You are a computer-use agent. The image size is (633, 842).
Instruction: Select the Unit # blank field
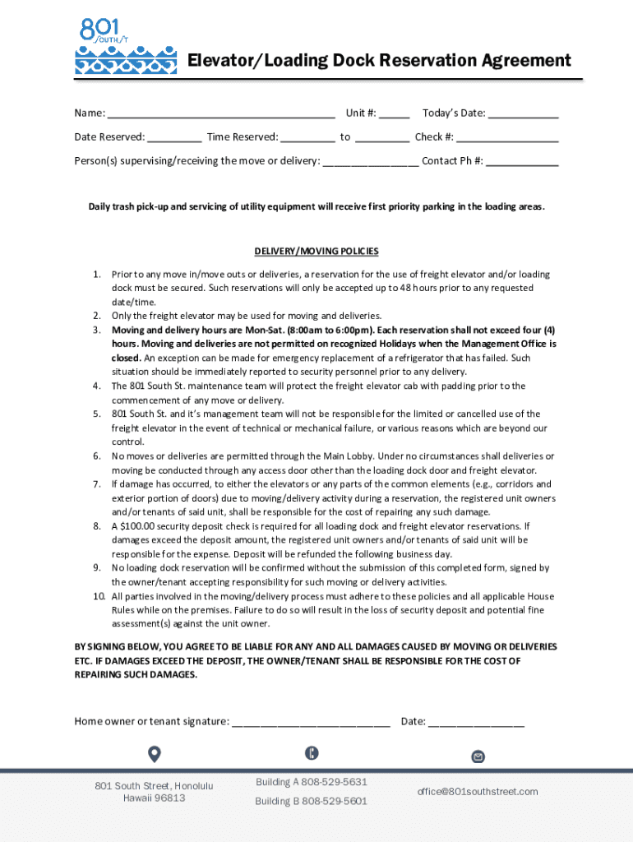394,114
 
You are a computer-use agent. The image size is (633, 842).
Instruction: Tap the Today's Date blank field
524,114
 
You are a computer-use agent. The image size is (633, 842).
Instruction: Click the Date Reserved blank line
174,138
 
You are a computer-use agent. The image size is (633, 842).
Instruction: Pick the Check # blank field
507,138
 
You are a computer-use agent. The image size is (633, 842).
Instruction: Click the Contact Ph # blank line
522,162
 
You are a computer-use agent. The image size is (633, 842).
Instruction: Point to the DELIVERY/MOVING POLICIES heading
316,252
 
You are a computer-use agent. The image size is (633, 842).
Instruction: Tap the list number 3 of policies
96,330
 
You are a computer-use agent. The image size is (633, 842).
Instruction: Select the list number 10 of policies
98,596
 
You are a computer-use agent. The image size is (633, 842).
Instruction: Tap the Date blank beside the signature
476,723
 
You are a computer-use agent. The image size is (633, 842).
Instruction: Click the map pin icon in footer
154,754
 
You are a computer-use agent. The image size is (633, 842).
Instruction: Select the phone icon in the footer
312,752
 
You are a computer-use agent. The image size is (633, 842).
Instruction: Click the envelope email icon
478,756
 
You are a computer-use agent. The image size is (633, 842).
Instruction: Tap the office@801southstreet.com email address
478,792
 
